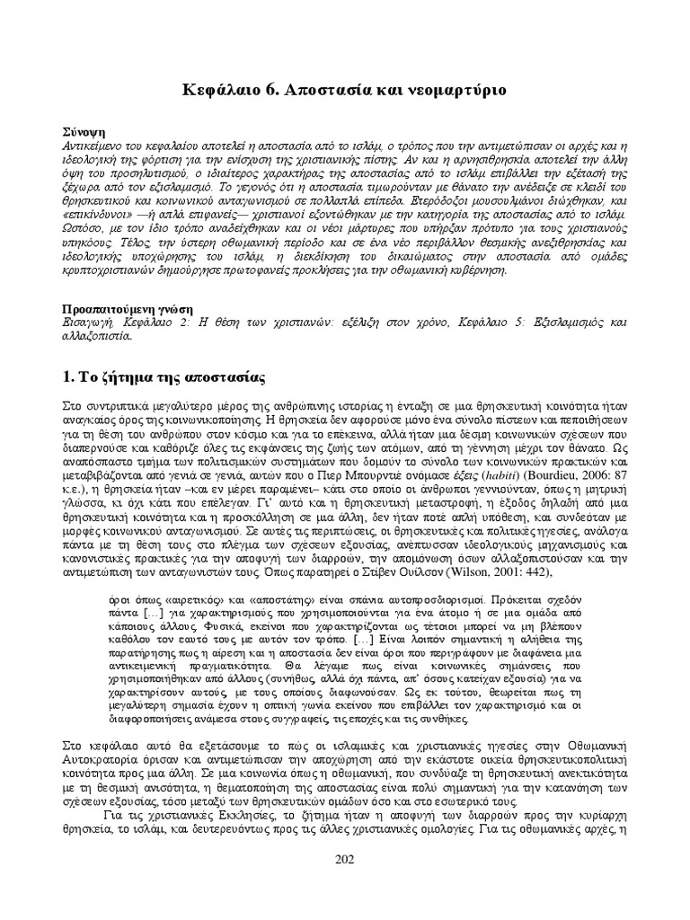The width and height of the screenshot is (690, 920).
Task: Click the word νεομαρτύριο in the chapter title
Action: point(455,90)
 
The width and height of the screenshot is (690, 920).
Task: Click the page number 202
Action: point(345,860)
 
